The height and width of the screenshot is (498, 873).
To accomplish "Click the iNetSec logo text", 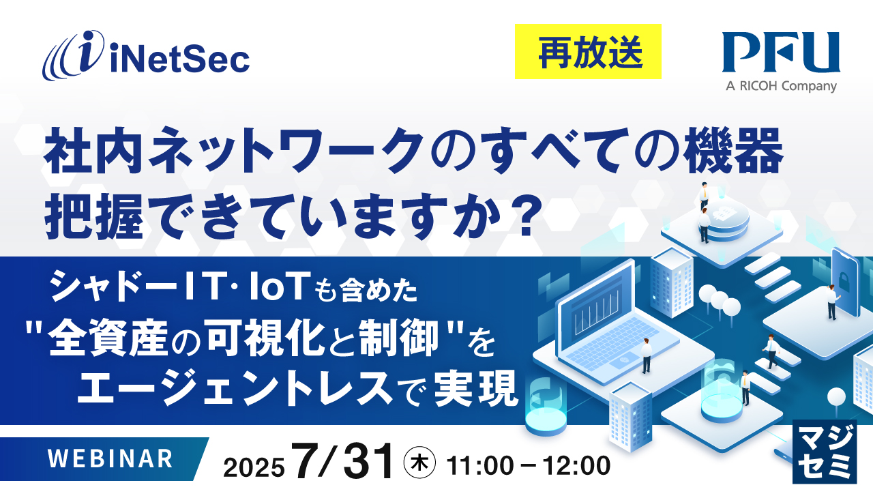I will (x=179, y=60).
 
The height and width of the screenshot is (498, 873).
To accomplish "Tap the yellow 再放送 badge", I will (x=588, y=51).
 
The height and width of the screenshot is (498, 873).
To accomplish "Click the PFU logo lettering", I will (x=781, y=54).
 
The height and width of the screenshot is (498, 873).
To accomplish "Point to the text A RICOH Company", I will (x=781, y=86).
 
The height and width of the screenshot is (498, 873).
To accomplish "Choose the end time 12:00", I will (x=576, y=466).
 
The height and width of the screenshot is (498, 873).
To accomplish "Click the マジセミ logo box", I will (x=824, y=452).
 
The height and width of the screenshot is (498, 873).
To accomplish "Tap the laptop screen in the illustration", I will (x=595, y=317).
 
